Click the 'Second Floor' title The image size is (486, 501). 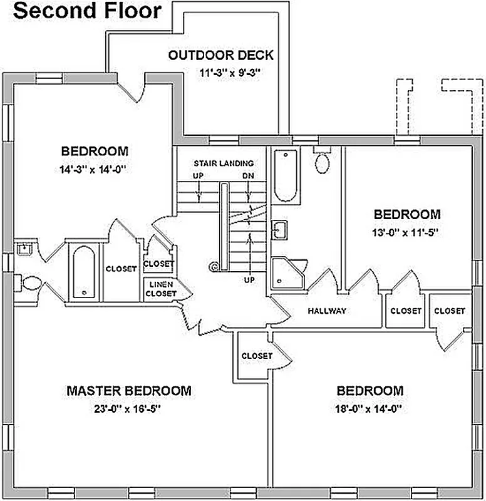[x=87, y=11]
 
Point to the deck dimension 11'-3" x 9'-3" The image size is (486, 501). [x=230, y=73]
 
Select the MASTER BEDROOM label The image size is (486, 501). [x=129, y=391]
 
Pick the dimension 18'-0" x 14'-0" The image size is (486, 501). [x=370, y=410]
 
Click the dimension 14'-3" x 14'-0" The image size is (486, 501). [x=95, y=168]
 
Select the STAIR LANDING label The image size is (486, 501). [x=224, y=163]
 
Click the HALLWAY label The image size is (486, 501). [x=327, y=311]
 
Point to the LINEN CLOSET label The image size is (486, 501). [x=161, y=289]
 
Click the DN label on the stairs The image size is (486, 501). [x=248, y=176]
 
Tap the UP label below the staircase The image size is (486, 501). [x=249, y=280]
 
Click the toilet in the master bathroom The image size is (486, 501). [x=27, y=283]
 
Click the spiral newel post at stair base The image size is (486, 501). [x=215, y=267]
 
